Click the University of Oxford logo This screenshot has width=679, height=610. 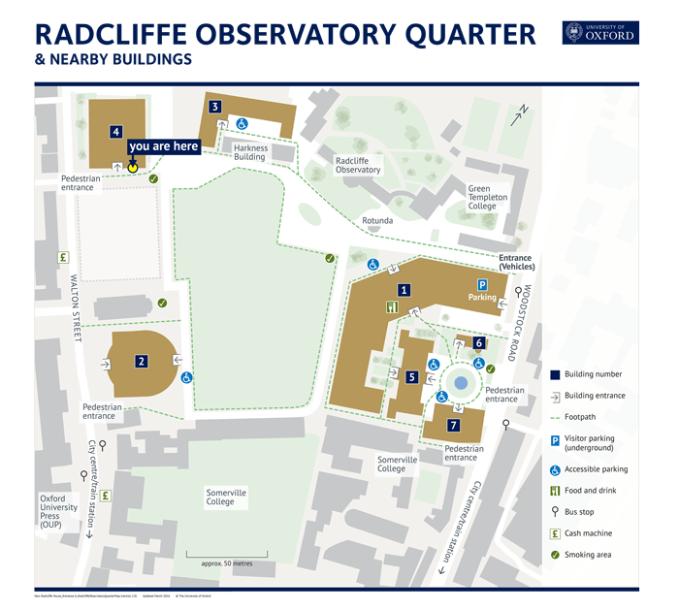[600, 32]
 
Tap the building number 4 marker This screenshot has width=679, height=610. [116, 132]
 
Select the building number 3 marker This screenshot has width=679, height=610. [215, 107]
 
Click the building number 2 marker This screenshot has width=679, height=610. [142, 362]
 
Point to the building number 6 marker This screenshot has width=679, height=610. [479, 342]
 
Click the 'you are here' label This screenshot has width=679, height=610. [164, 146]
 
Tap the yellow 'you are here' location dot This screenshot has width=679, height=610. [133, 167]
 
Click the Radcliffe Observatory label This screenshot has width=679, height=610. [358, 165]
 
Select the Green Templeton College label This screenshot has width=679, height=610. [488, 197]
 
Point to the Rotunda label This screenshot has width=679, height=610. [378, 220]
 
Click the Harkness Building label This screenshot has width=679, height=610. [249, 152]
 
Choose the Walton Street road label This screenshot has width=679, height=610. [75, 306]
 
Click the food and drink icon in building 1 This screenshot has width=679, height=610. [392, 307]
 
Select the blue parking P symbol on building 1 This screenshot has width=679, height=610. [481, 283]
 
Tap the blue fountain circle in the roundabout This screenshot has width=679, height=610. [462, 383]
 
